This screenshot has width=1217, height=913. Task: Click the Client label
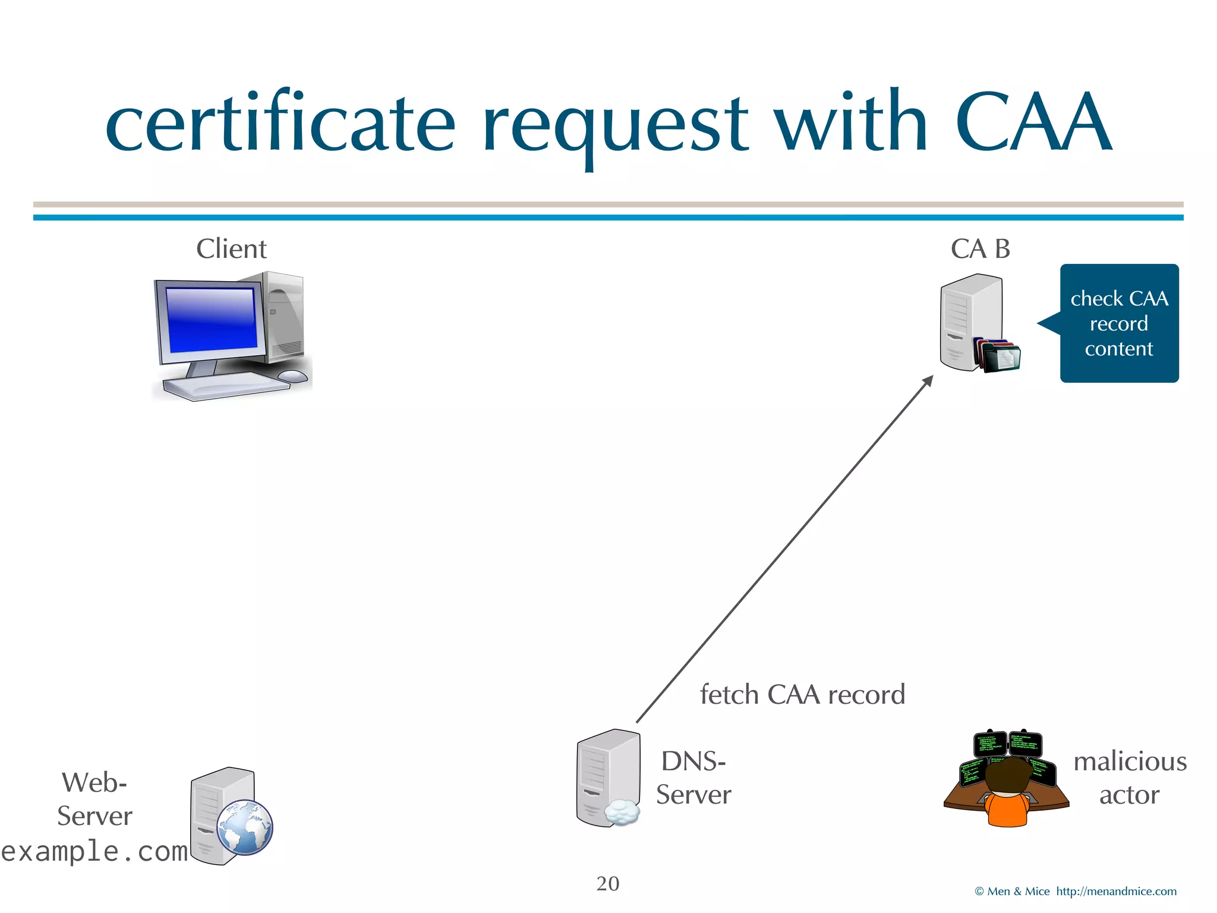click(x=231, y=248)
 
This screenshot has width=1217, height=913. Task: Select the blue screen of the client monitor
click(x=211, y=320)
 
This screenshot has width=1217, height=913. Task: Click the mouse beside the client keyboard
click(x=292, y=376)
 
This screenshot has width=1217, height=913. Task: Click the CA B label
click(x=980, y=248)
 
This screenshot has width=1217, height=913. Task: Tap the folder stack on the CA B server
click(x=998, y=355)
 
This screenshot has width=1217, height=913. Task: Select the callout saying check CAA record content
click(x=1119, y=323)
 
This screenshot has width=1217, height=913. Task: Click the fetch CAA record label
click(x=802, y=694)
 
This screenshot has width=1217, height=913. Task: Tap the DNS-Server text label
click(x=693, y=778)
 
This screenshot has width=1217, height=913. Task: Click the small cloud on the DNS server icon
click(x=622, y=812)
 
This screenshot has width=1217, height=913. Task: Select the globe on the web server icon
click(x=244, y=827)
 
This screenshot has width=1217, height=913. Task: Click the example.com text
click(x=94, y=851)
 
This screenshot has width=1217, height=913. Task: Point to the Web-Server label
click(x=94, y=799)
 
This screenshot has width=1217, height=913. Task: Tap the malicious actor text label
click(x=1129, y=778)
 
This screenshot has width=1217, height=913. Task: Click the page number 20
click(x=607, y=884)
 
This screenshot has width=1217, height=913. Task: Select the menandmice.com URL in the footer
click(x=1116, y=892)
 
